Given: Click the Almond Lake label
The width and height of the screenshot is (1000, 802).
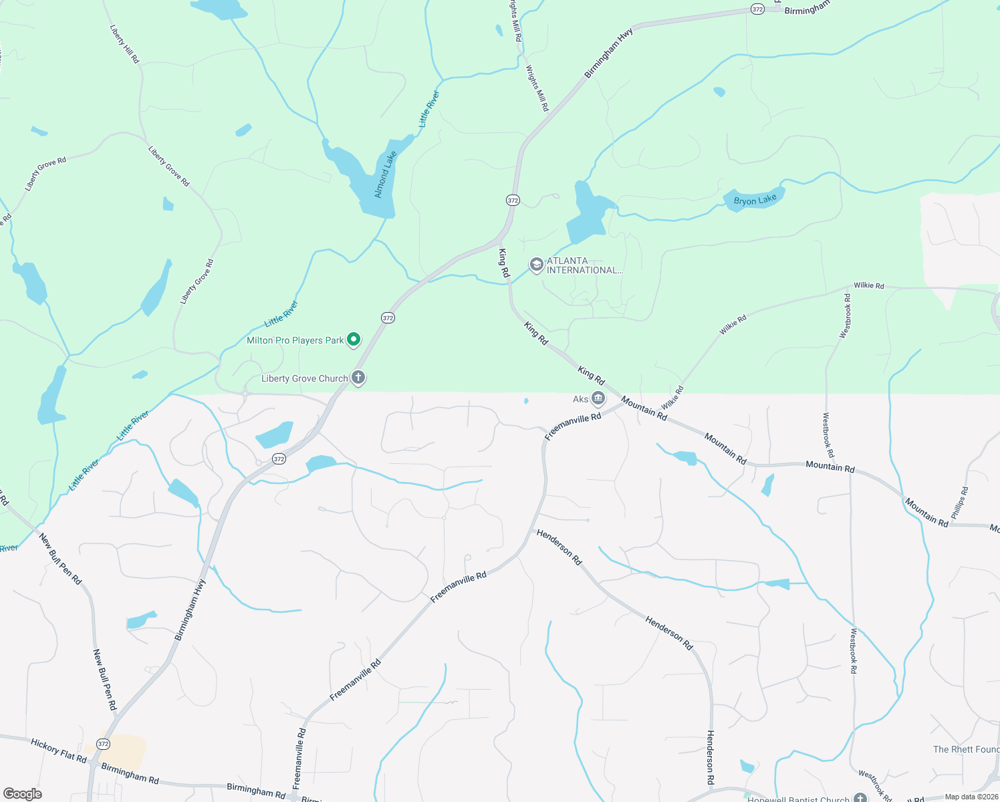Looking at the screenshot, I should tap(385, 174).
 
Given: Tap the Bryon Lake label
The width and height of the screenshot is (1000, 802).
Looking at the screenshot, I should tap(755, 200).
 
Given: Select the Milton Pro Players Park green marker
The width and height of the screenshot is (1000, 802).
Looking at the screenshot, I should tap(354, 340).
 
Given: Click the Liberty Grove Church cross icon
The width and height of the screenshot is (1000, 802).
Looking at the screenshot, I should tap(358, 378).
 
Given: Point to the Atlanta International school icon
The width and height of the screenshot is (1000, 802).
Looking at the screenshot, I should tap(536, 265).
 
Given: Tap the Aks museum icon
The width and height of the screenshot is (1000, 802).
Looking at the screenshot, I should tap(598, 399).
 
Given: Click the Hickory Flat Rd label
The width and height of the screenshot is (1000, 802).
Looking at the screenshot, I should tap(59, 751).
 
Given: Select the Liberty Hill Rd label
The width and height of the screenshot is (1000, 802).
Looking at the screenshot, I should tap(125, 45).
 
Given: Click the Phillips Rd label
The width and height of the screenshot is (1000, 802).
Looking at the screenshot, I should tap(959, 503).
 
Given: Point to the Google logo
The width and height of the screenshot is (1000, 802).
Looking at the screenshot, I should tap(22, 793).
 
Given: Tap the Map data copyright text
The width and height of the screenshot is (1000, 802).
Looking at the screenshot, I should tap(971, 797).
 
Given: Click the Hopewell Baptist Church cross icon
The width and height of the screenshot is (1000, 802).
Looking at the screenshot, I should tap(860, 798).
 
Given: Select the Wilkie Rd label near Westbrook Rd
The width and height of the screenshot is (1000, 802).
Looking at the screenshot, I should tap(868, 285).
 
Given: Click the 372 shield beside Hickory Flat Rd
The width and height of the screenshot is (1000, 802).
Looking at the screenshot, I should tap(103, 744).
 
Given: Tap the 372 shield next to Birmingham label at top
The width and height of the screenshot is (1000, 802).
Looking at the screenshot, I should tap(757, 9).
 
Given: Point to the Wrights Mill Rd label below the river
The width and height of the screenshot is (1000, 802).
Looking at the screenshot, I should tap(537, 88).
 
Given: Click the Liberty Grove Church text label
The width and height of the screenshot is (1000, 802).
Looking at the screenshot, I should tap(304, 378).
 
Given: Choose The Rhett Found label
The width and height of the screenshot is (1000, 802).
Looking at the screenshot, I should tap(966, 749).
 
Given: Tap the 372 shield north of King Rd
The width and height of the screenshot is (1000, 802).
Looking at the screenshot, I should tap(513, 200).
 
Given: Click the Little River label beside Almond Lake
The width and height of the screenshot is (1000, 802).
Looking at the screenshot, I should tap(429, 109).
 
